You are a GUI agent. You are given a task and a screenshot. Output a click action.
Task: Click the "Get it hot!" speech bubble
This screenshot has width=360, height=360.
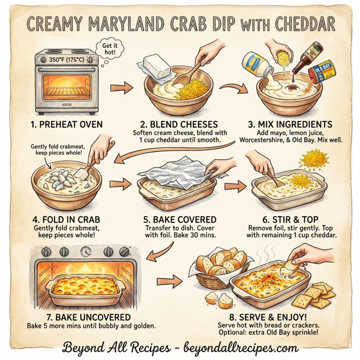pyautogui.click(x=108, y=49)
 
